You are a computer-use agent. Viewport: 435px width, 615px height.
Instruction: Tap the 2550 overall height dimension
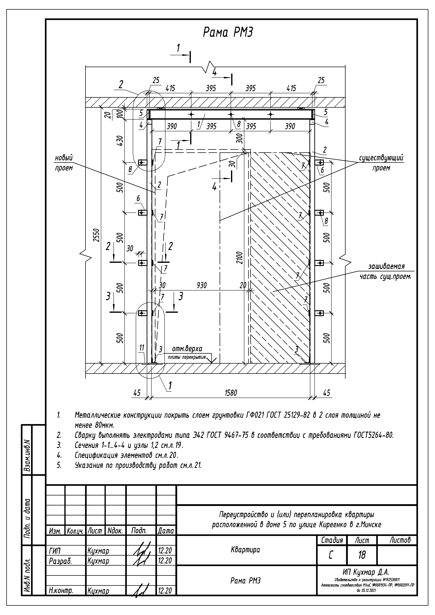click(97, 235)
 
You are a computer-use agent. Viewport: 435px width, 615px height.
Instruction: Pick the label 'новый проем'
click(64, 163)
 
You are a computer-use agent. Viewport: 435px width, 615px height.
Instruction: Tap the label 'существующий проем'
click(381, 163)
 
